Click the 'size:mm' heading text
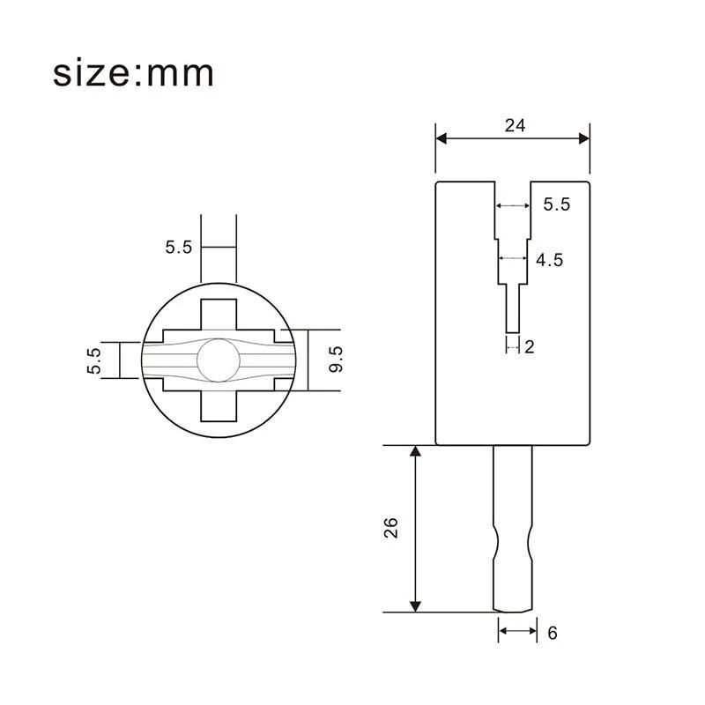(x=133, y=74)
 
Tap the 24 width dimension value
(x=515, y=125)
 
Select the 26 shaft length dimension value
(x=391, y=528)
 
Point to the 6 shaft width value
(x=553, y=633)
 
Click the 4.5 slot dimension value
(x=549, y=260)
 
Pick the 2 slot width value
(x=530, y=347)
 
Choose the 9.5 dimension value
(x=336, y=360)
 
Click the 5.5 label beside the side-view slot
(x=557, y=204)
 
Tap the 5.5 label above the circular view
(x=179, y=248)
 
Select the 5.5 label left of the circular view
(x=94, y=360)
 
